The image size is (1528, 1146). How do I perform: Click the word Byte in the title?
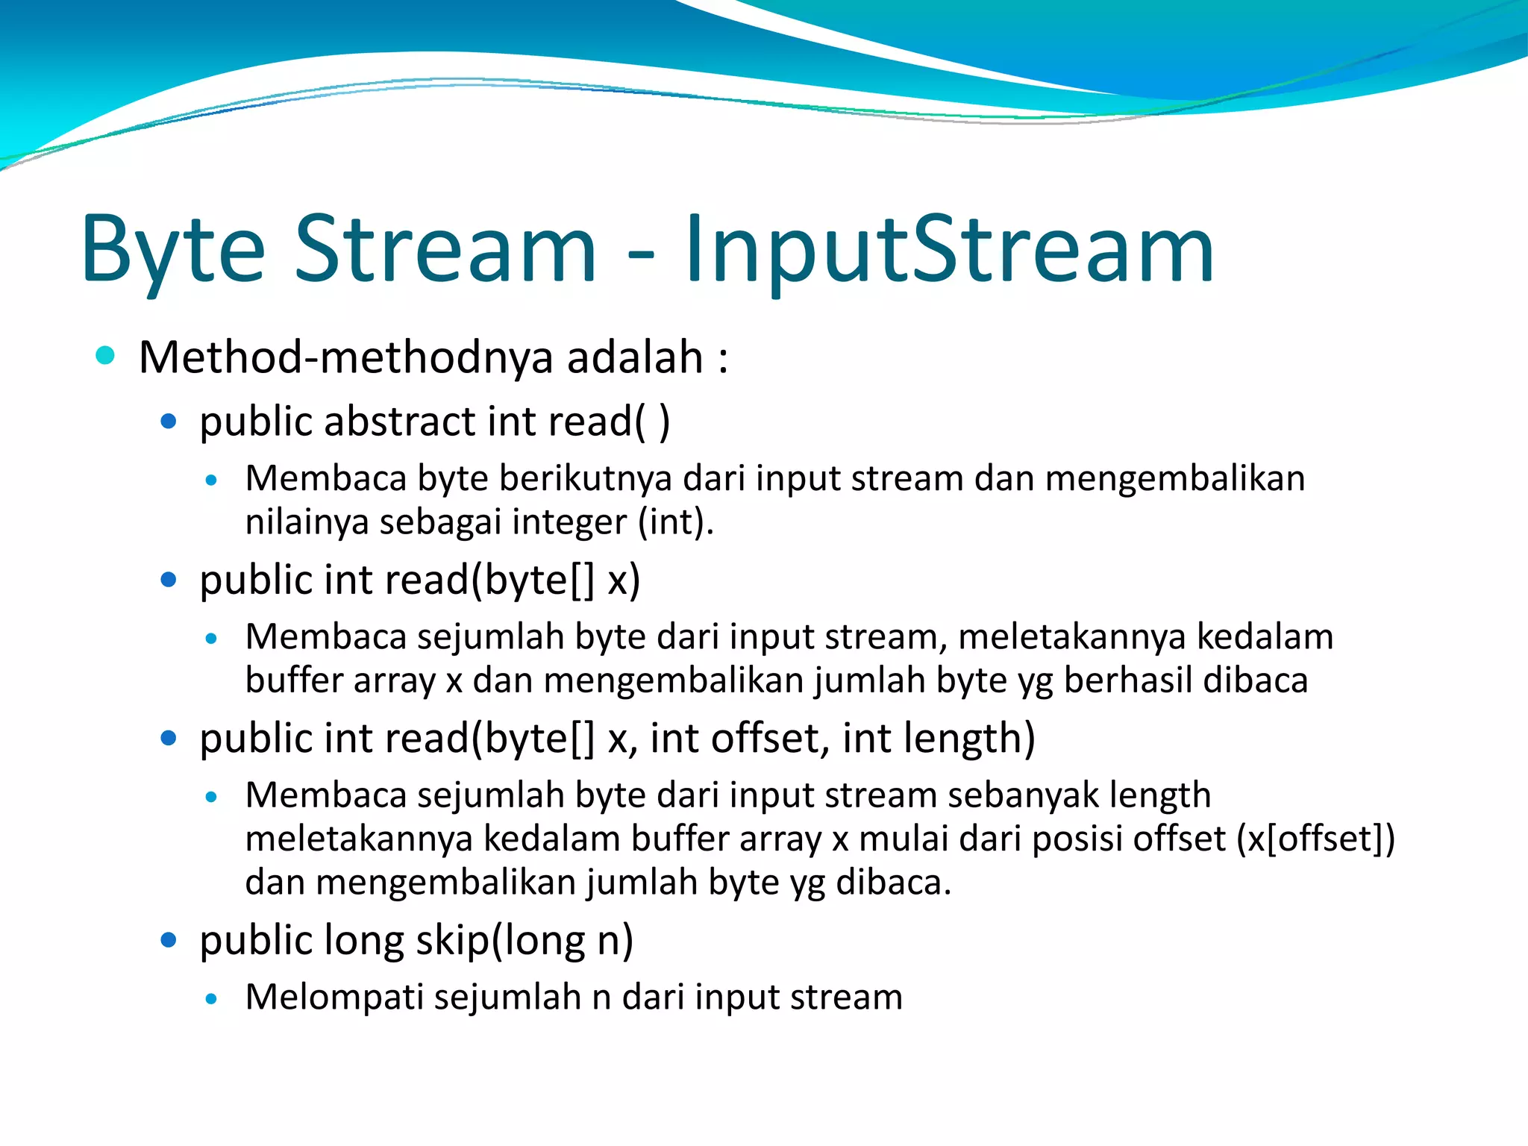pyautogui.click(x=173, y=250)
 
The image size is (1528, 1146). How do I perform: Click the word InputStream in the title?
pyautogui.click(x=949, y=250)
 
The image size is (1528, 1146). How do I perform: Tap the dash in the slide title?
pyautogui.click(x=640, y=254)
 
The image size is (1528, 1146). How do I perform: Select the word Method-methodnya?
pyautogui.click(x=346, y=357)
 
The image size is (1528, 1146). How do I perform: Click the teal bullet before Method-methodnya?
pyautogui.click(x=105, y=355)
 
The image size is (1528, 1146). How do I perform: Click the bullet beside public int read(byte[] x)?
pyautogui.click(x=169, y=580)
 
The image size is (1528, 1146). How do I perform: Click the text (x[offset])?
pyautogui.click(x=1315, y=839)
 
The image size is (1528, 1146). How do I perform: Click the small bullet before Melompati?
pyautogui.click(x=212, y=999)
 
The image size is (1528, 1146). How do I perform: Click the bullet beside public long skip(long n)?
pyautogui.click(x=169, y=940)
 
